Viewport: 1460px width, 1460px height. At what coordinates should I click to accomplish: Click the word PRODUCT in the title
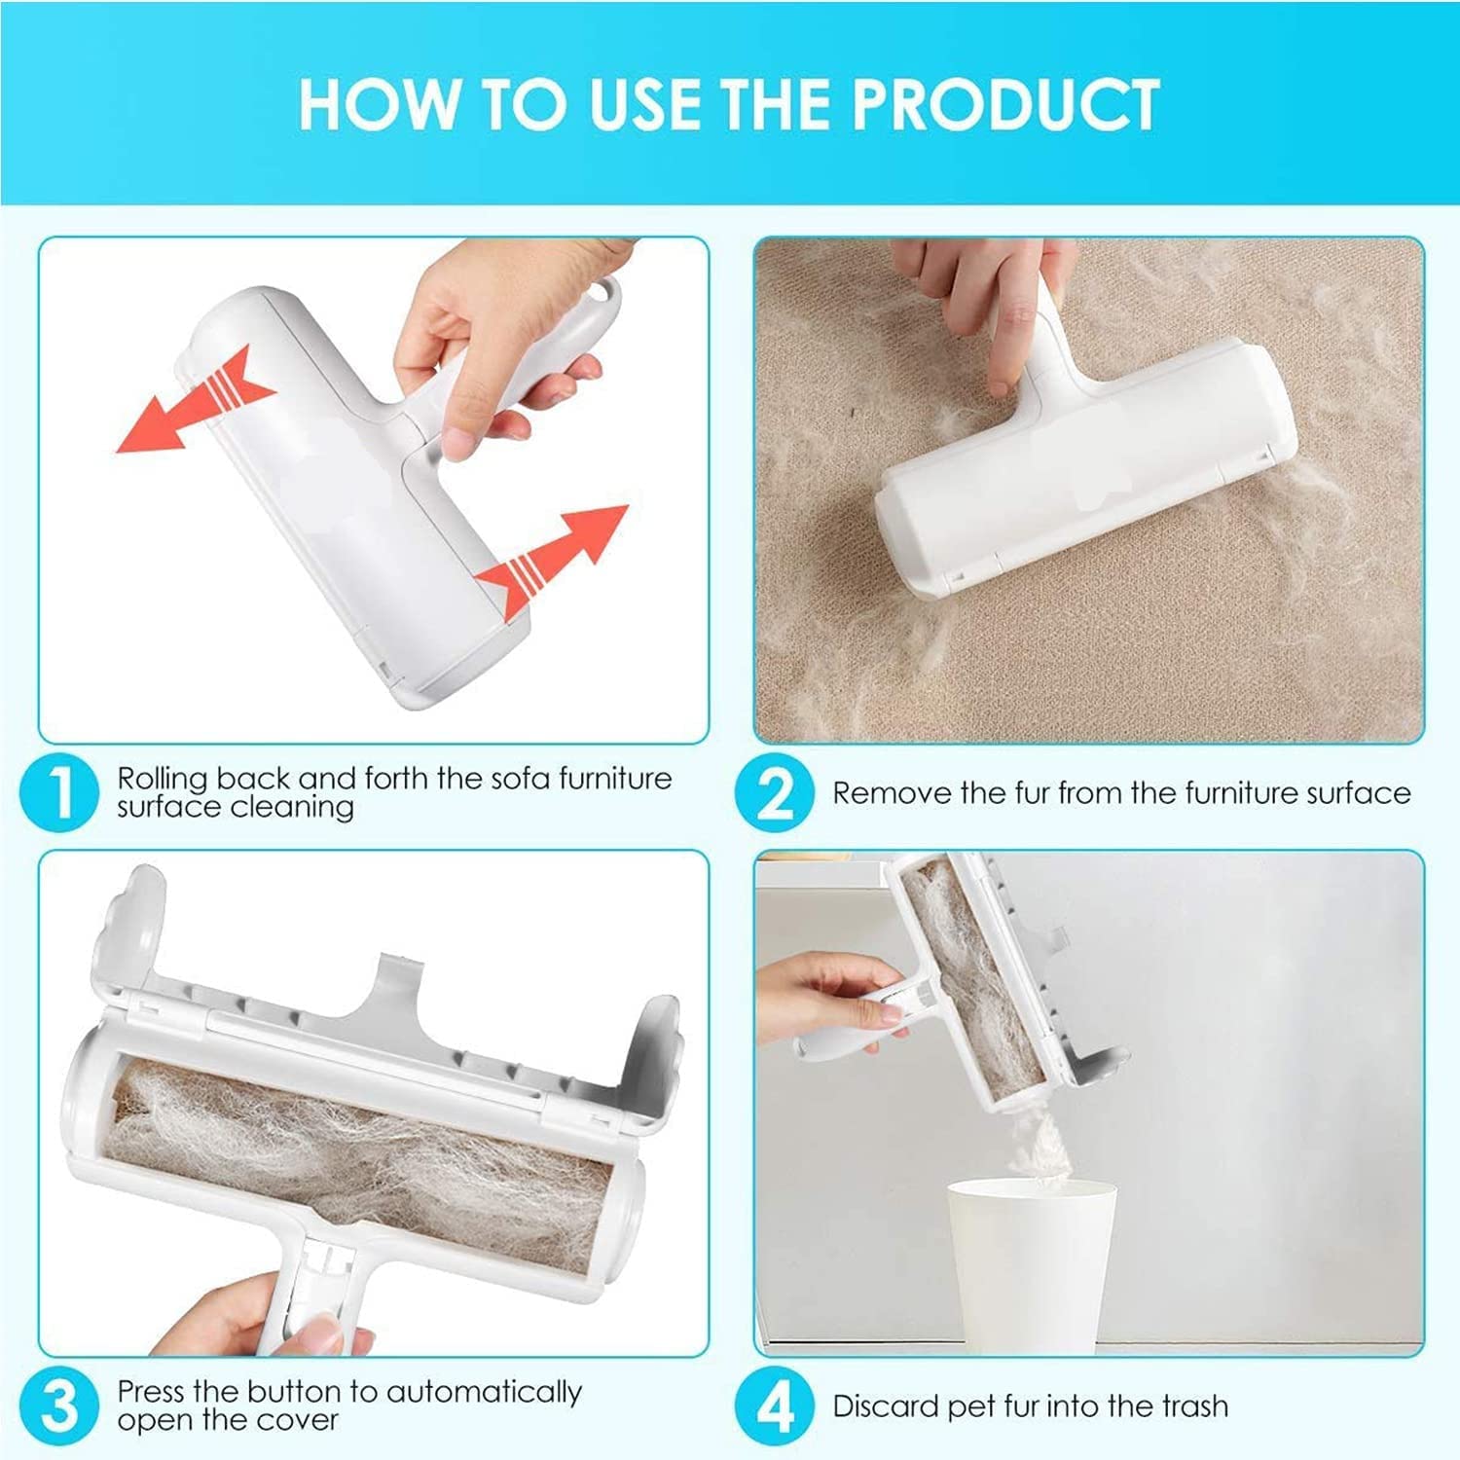[x=1005, y=104]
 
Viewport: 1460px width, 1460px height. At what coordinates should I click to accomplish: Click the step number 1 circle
[x=59, y=792]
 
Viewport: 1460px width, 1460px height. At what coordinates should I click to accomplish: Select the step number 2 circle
[x=774, y=792]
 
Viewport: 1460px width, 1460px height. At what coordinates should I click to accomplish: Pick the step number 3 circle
[x=59, y=1405]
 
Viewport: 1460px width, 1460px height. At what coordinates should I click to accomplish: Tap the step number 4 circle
[x=774, y=1405]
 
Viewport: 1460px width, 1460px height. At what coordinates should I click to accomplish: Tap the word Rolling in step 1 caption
[x=163, y=779]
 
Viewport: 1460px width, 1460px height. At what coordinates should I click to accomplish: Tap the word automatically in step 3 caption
[x=484, y=1393]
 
